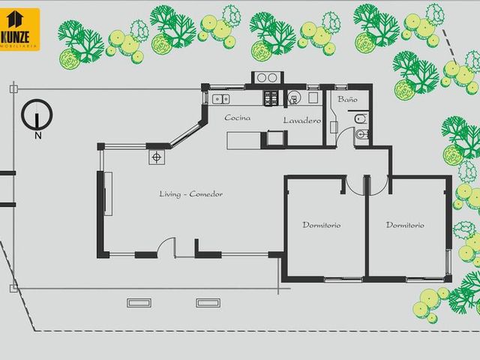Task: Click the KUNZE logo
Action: coord(19,30)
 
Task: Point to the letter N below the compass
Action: coord(38,136)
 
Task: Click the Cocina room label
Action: coord(237,118)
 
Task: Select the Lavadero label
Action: coord(301,120)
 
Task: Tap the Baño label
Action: coord(347,99)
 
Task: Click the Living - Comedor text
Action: coord(190,194)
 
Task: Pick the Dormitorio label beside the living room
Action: coord(322,225)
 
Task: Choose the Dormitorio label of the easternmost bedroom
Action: coord(405,225)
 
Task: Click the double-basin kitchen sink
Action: coord(221,99)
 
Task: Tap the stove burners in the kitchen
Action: coord(271,98)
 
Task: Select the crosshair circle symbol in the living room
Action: coord(157,157)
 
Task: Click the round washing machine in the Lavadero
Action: coord(294,98)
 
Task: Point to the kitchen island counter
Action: coord(244,140)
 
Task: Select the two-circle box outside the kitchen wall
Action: coord(267,78)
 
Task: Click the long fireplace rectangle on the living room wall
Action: coord(108,193)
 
